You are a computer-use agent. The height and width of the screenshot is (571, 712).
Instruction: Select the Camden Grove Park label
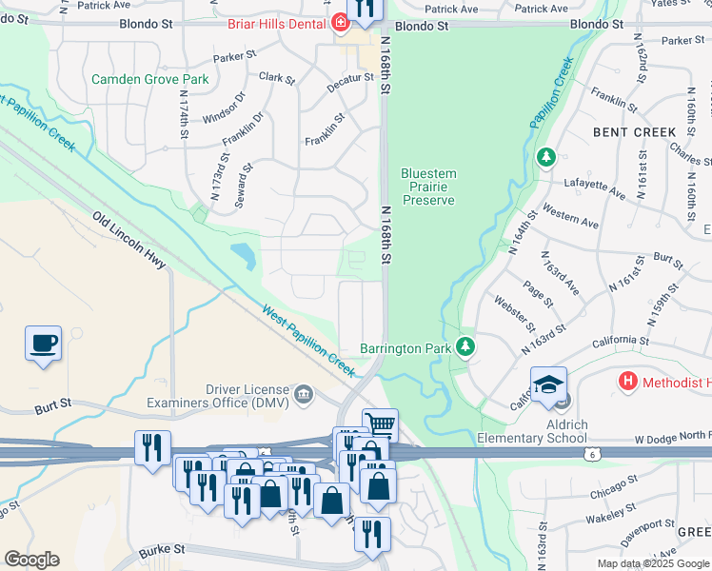149,80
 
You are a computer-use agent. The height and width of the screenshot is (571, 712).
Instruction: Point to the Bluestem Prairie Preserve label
428,187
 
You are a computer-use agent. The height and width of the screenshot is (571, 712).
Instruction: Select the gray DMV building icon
304,395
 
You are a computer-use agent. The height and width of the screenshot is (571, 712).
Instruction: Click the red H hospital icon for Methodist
627,382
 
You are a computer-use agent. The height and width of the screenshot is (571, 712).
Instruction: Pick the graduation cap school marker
548,385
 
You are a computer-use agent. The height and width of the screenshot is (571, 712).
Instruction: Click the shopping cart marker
379,423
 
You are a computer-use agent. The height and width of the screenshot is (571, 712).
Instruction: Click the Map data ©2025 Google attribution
652,563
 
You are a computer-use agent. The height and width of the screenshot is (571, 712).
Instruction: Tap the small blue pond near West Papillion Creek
243,254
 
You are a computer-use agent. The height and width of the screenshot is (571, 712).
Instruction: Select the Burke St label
159,550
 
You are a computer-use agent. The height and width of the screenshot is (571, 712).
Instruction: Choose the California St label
620,340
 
